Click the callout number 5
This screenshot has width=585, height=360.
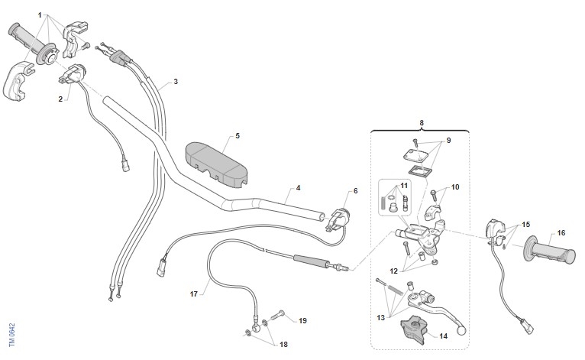[238, 136]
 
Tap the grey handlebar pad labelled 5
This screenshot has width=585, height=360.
[216, 164]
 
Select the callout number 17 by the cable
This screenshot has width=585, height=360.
[194, 294]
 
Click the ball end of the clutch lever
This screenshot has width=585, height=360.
[461, 329]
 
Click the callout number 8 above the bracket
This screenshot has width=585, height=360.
[422, 123]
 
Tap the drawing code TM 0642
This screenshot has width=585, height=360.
[12, 335]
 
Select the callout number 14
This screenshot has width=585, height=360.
[443, 336]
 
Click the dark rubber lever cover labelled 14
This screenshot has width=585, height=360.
[413, 329]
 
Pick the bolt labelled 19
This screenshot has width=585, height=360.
[276, 316]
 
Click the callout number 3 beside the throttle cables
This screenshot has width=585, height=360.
[176, 82]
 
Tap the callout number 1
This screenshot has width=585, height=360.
[40, 15]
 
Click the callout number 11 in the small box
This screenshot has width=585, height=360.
[405, 186]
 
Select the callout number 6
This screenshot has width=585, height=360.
[356, 191]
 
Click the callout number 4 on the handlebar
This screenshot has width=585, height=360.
[298, 188]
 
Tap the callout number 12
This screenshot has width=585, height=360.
[394, 271]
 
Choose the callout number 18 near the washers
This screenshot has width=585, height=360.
[283, 344]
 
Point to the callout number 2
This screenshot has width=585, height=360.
[60, 99]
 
